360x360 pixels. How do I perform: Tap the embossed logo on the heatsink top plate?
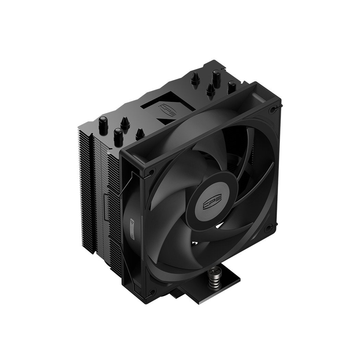[x=166, y=111]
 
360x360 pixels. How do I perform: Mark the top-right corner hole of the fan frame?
[x=273, y=109]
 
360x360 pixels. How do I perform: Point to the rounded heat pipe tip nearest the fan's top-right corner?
[x=231, y=86]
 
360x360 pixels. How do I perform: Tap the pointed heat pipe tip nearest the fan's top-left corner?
[x=140, y=134]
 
